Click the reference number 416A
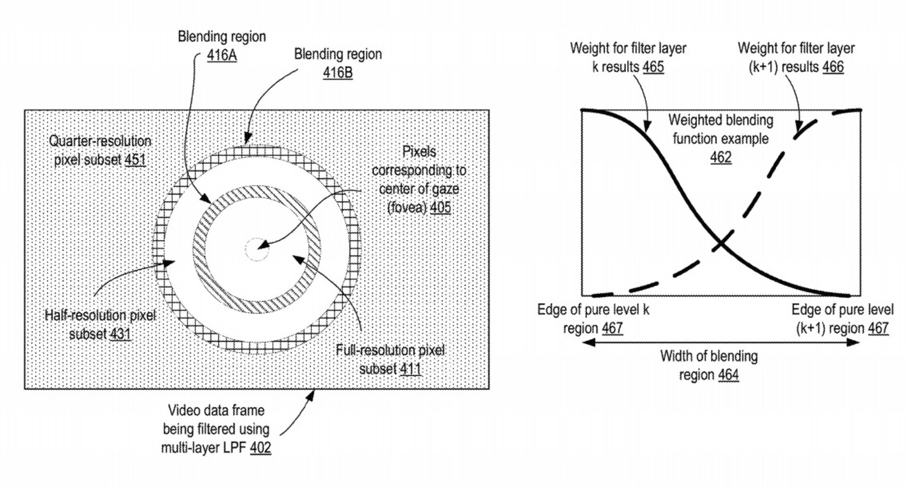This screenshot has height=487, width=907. (222, 56)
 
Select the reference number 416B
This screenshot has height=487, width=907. (338, 73)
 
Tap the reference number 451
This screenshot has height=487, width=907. (135, 160)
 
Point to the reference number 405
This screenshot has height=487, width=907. (440, 208)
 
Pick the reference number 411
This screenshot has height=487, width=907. (410, 369)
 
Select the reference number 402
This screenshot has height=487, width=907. (260, 447)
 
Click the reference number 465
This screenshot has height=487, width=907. (653, 67)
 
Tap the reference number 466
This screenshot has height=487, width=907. (833, 67)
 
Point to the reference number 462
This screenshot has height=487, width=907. (721, 157)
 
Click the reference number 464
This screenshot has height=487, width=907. (728, 375)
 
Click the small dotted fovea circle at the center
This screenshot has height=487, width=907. (257, 249)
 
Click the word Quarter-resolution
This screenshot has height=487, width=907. (100, 141)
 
